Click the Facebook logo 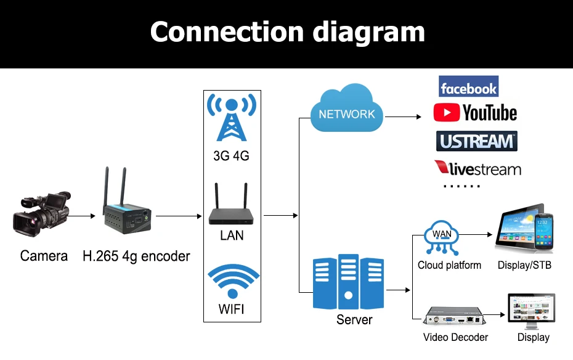point(468,86)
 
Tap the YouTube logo point(475,113)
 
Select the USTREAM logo point(476,141)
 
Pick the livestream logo point(477,168)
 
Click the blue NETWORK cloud point(346,108)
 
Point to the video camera point(41,213)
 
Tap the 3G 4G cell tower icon point(232,117)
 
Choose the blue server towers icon point(348,282)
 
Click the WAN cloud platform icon point(441,237)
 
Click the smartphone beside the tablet point(544,231)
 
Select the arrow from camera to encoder point(81,216)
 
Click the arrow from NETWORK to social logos point(403,117)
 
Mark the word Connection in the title point(227,32)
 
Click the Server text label point(354,319)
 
